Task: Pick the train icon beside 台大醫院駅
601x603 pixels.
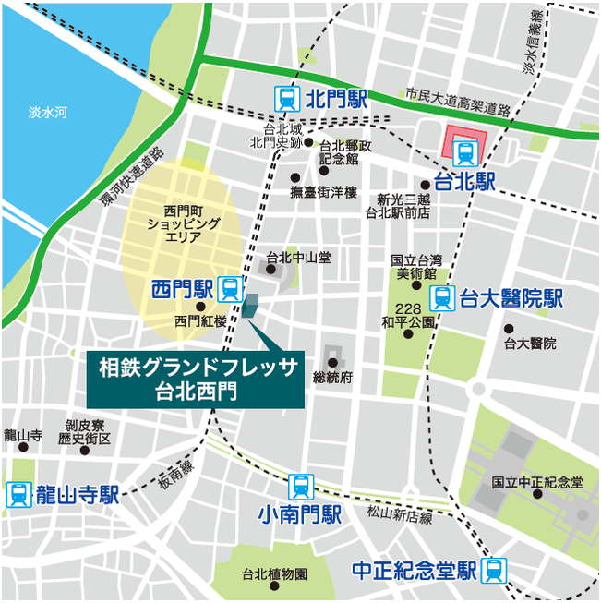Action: click(x=443, y=299)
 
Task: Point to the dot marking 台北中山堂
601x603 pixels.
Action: click(x=271, y=270)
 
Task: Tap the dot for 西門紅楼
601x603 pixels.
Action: click(x=200, y=307)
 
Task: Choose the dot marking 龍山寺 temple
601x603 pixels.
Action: click(x=23, y=447)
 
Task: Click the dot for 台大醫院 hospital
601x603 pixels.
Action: click(x=509, y=328)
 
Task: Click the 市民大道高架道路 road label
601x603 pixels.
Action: click(x=457, y=103)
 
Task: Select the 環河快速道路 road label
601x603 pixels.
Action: click(x=132, y=176)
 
